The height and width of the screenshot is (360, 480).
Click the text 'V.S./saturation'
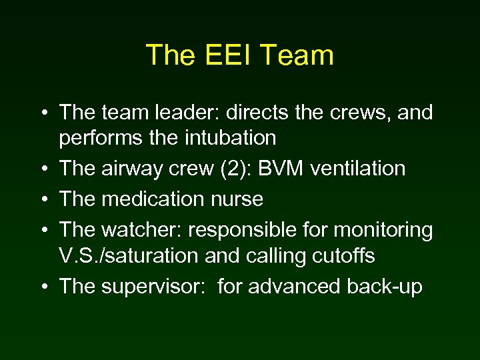click(x=128, y=255)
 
